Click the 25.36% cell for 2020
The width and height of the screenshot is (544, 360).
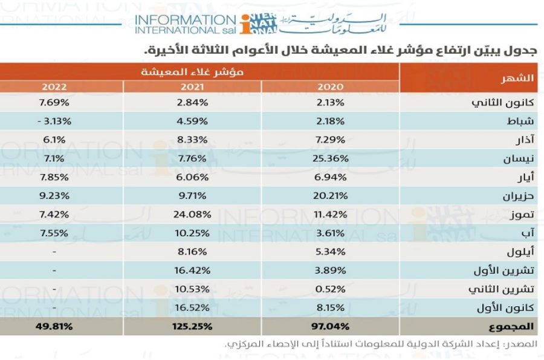tap(330, 158)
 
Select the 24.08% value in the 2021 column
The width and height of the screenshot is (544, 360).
tap(192, 214)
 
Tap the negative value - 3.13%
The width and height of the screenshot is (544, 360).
tap(54, 121)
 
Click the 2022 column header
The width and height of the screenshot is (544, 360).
tap(54, 86)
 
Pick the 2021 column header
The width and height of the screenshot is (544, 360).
tap(192, 86)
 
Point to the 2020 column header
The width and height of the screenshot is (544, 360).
tap(330, 86)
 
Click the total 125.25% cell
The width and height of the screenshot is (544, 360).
tap(192, 326)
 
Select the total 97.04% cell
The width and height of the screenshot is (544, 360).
tap(330, 326)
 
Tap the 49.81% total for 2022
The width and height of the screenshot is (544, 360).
tap(54, 326)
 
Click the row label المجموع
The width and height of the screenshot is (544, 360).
tap(511, 326)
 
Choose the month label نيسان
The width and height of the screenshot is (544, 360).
tap(519, 159)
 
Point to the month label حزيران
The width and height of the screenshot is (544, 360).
tap(519, 196)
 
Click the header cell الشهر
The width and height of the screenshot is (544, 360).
tap(517, 78)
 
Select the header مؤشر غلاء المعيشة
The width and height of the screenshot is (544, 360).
tap(192, 72)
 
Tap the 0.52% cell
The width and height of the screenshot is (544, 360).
tap(330, 289)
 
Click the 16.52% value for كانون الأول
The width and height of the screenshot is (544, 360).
tap(192, 307)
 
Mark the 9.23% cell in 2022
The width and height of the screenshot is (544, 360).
tap(54, 196)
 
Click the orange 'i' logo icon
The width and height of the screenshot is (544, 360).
tap(246, 24)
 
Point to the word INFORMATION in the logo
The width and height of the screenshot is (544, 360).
tap(186, 20)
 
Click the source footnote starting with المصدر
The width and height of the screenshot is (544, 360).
tap(381, 344)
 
